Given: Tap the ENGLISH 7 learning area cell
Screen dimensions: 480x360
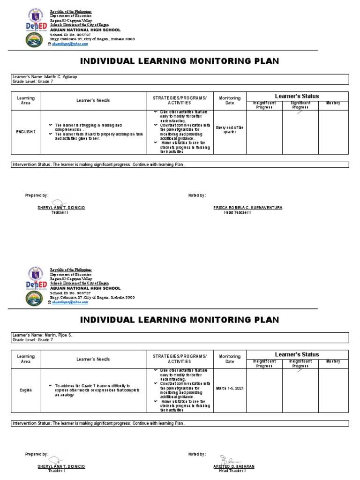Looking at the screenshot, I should click(26, 132).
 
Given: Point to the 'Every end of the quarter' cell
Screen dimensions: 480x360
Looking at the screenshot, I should click(229, 129).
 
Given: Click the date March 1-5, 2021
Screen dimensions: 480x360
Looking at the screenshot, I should click(229, 388).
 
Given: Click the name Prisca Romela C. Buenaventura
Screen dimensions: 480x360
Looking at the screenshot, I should click(248, 207).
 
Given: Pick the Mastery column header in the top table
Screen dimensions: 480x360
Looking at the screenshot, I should click(333, 103).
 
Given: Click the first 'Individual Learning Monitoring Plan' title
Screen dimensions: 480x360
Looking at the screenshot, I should click(180, 61).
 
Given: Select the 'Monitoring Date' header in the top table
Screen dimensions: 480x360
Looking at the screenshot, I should click(229, 100).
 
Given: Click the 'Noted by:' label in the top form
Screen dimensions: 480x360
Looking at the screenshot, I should click(197, 195).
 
